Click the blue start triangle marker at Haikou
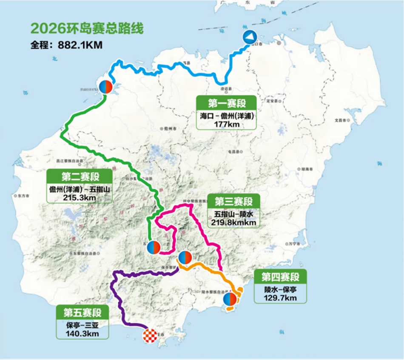(x=250, y=37)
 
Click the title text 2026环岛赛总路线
(x=87, y=28)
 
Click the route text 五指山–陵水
(x=233, y=214)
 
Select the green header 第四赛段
(x=280, y=278)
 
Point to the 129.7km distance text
(x=280, y=298)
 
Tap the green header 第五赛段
(x=83, y=313)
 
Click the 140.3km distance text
(x=83, y=334)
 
